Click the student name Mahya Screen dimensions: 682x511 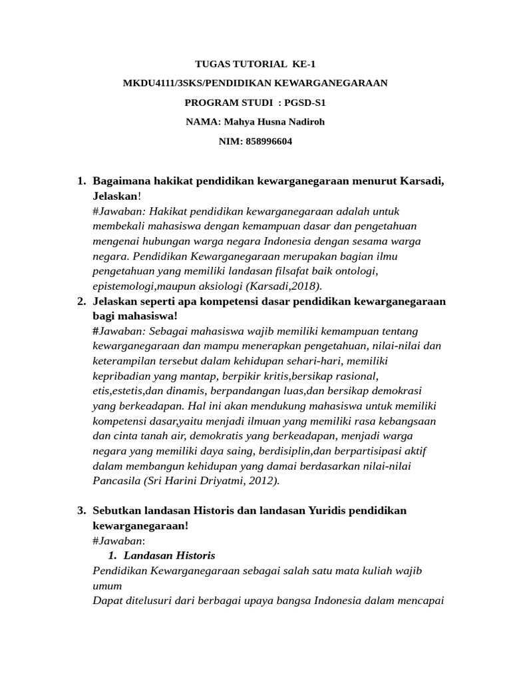(x=244, y=122)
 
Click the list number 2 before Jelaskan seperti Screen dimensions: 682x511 (x=81, y=301)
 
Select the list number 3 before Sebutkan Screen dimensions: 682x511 (x=81, y=510)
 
